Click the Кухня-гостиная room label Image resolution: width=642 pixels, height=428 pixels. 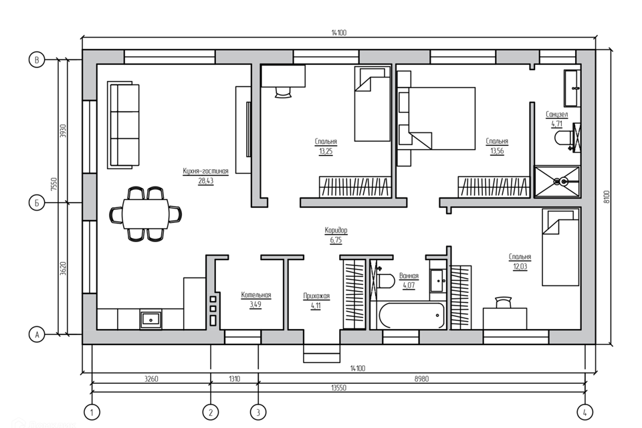[x=205, y=171]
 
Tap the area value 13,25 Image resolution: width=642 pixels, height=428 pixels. [x=326, y=152]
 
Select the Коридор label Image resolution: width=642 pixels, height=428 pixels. [x=336, y=230]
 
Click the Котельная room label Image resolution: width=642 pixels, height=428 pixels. [x=256, y=295]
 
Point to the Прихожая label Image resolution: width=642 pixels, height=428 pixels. [x=316, y=296]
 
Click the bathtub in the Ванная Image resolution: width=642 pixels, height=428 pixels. [x=412, y=316]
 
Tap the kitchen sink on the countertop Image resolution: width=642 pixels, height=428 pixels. [x=151, y=318]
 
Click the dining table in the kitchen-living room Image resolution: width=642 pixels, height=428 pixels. [x=146, y=214]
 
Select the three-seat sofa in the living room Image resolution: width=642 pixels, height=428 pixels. [x=123, y=125]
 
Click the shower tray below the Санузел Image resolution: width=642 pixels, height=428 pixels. [x=557, y=181]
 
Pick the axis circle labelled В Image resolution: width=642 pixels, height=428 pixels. [x=36, y=60]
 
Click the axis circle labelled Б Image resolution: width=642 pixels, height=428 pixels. [x=36, y=203]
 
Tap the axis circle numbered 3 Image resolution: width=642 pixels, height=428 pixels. [x=258, y=412]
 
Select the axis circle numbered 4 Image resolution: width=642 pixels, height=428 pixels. [x=584, y=412]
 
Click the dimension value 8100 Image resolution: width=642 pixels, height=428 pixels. [x=607, y=197]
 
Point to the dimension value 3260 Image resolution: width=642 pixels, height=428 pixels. [x=151, y=379]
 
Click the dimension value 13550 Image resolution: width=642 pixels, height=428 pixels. [x=338, y=388]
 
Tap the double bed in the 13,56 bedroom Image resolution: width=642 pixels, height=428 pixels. [x=437, y=118]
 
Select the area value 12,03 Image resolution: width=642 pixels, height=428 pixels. [x=520, y=267]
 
